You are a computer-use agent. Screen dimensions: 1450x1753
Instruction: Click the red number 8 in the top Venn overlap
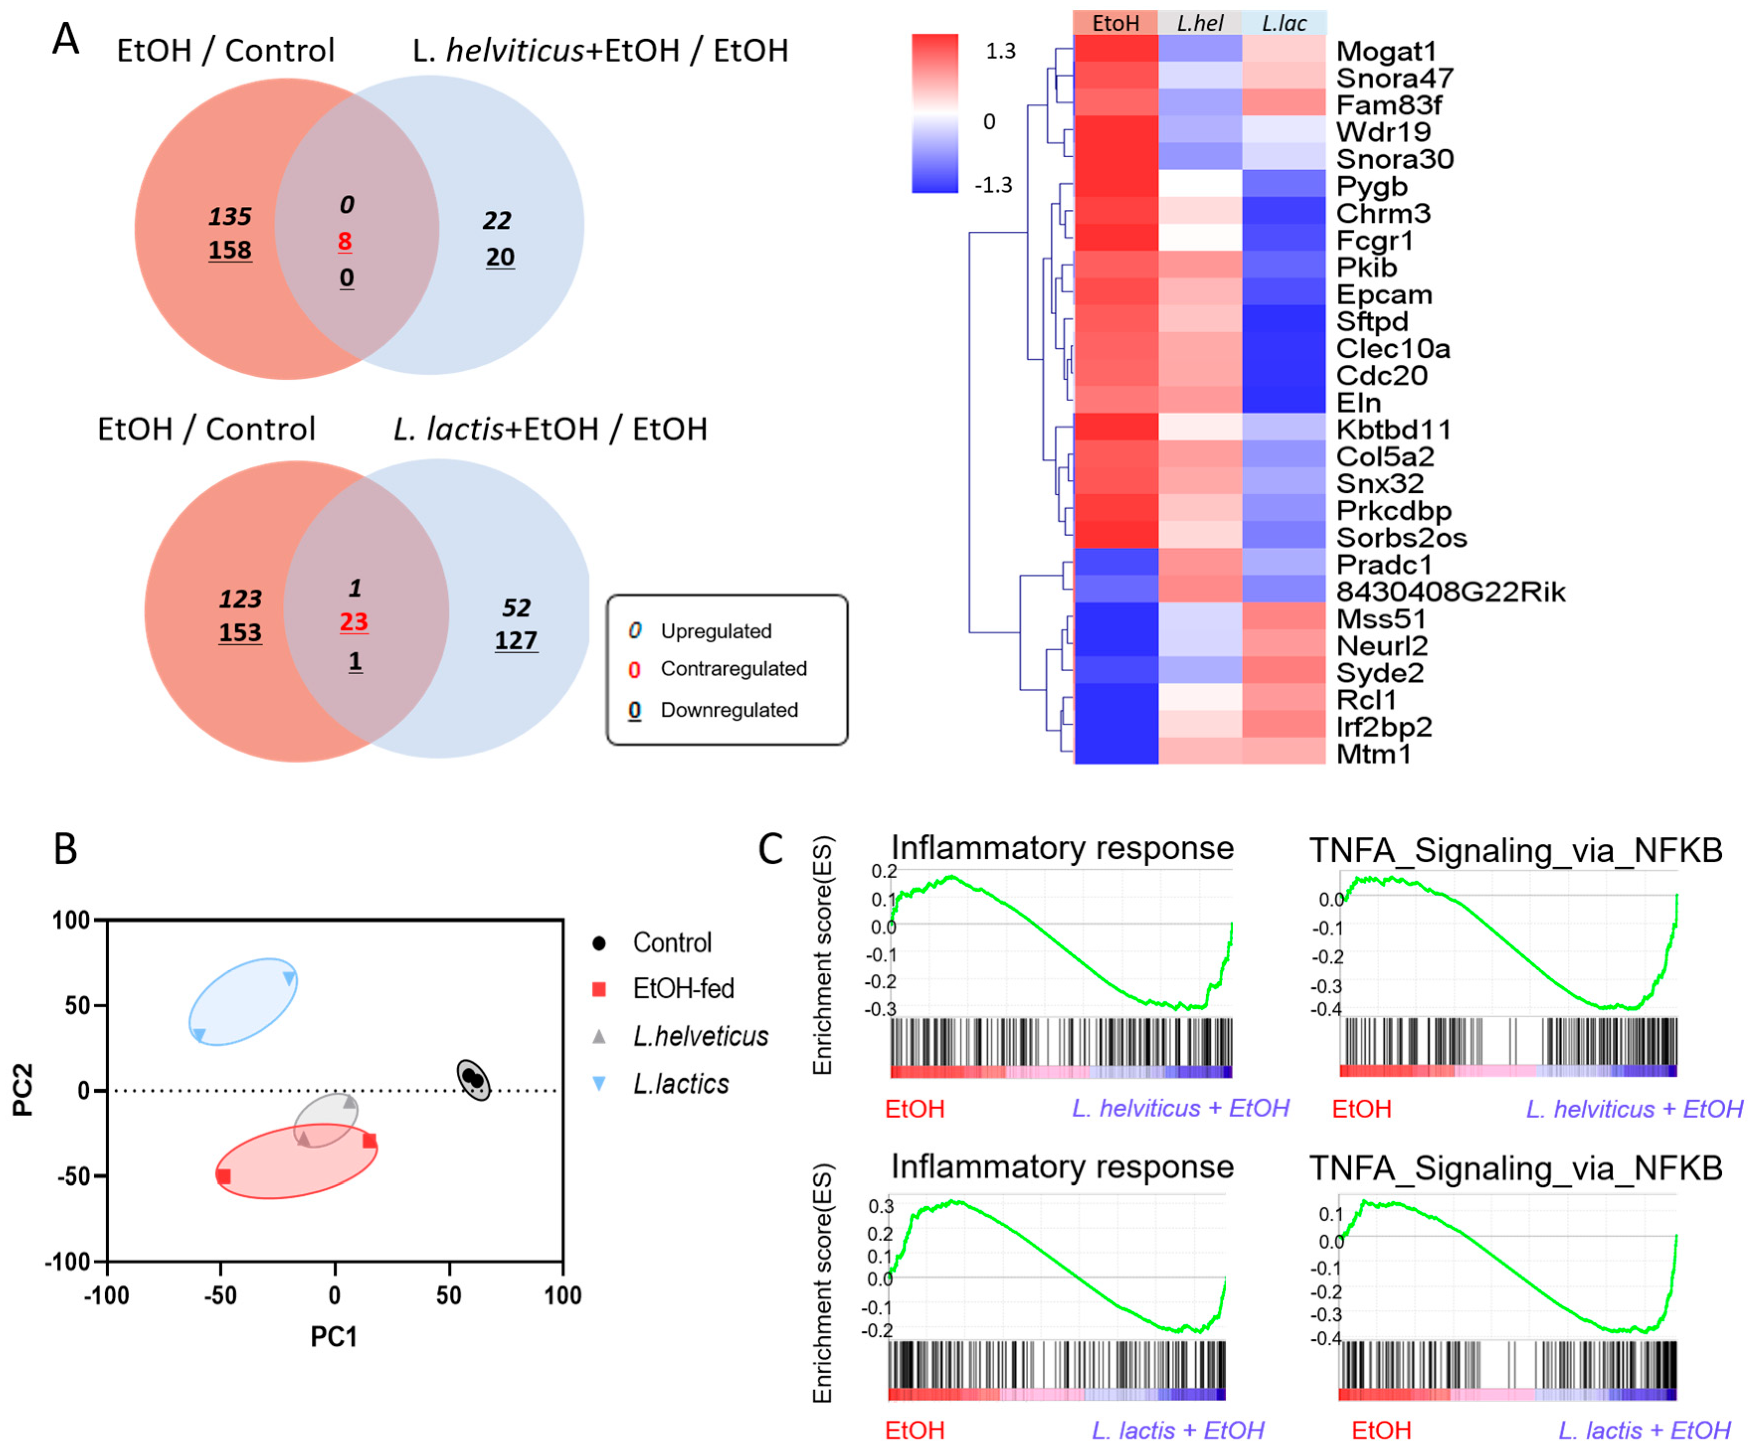coord(345,241)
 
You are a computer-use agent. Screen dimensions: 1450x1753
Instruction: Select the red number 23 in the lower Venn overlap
coord(354,622)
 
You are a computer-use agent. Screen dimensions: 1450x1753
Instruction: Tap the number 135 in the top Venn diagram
coord(230,216)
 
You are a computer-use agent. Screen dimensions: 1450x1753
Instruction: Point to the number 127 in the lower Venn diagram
coord(516,640)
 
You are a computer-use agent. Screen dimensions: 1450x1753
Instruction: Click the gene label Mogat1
coord(1386,51)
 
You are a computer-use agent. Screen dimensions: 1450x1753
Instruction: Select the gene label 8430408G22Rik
coord(1450,592)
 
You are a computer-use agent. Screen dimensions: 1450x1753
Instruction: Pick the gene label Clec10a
coord(1393,348)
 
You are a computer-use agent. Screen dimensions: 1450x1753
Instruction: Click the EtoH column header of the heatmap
coord(1115,22)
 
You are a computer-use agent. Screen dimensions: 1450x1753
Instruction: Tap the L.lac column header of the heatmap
coord(1284,22)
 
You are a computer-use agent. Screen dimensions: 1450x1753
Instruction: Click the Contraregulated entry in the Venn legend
coord(733,669)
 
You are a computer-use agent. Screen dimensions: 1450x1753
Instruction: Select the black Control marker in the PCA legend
coord(599,943)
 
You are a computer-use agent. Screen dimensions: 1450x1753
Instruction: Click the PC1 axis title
coord(334,1337)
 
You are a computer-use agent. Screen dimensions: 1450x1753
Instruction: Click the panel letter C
coord(770,849)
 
